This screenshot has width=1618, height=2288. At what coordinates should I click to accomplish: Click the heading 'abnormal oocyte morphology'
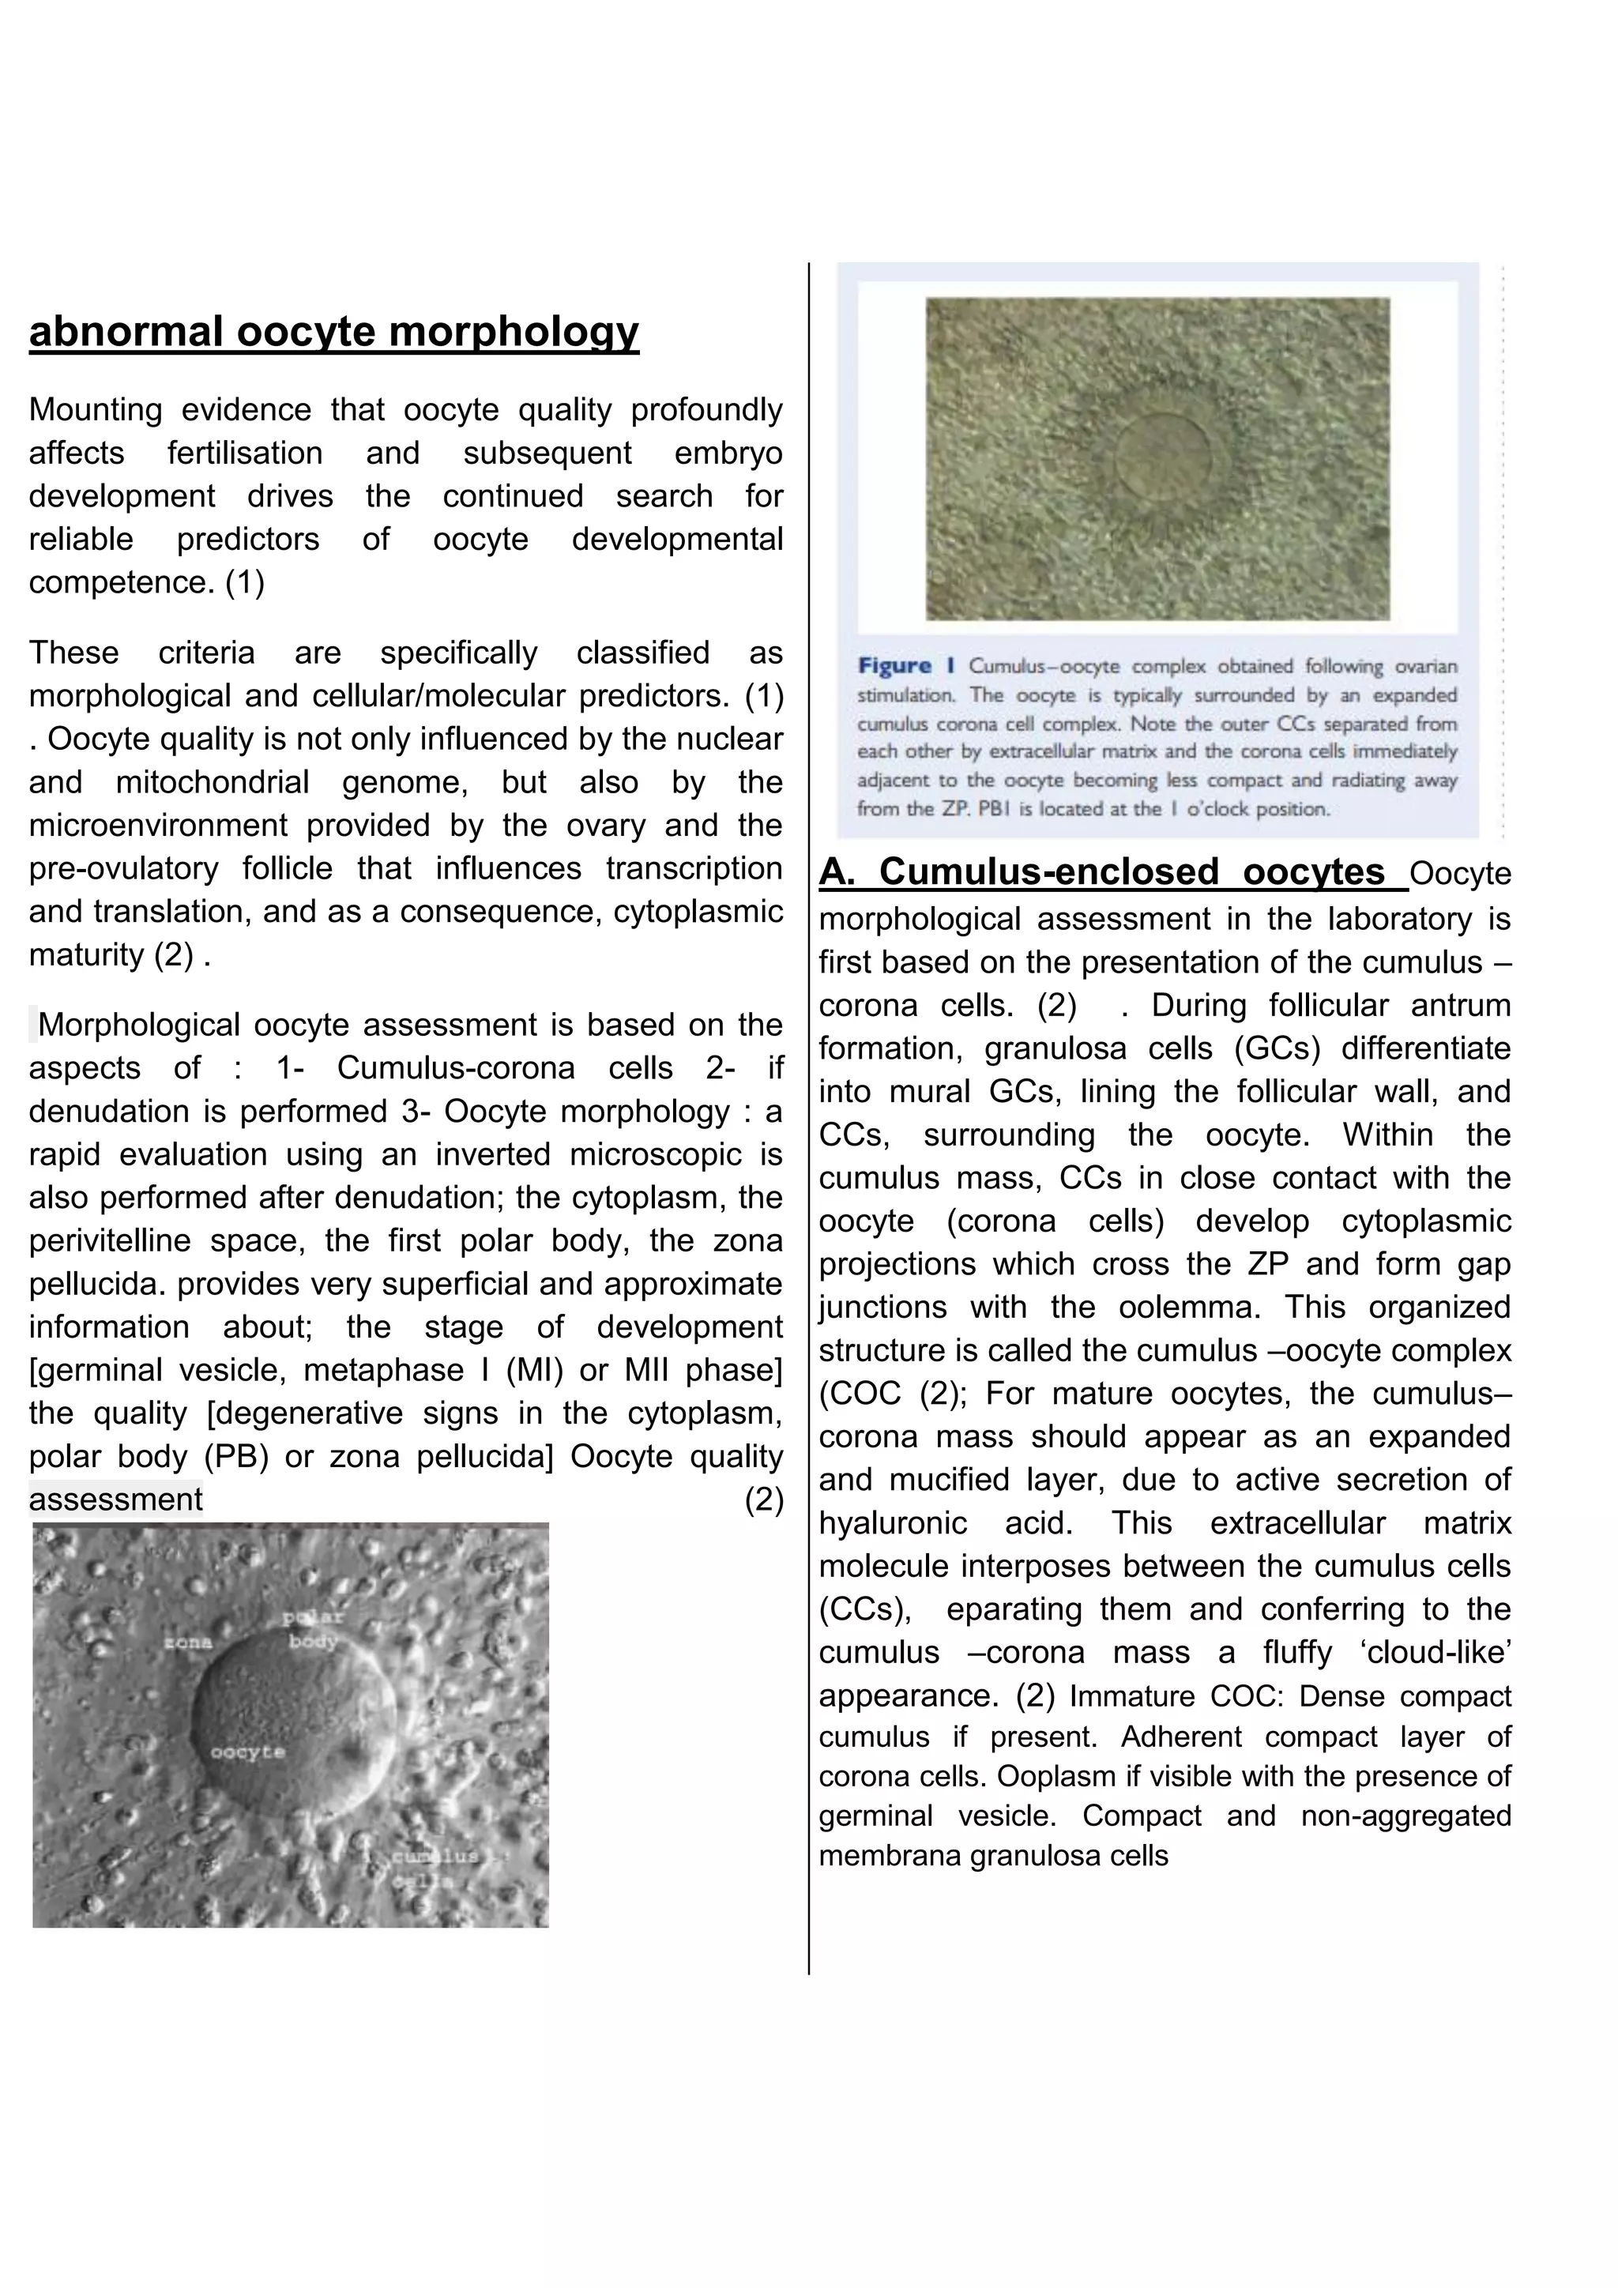(x=333, y=332)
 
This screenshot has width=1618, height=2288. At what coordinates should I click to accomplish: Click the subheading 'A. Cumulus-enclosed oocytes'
(x=1102, y=872)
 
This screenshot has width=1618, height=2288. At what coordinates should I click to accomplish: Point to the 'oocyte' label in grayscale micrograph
(x=248, y=1751)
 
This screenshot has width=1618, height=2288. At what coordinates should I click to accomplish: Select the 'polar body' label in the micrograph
(x=313, y=1629)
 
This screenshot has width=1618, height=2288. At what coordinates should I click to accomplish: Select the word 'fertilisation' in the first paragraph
(x=244, y=453)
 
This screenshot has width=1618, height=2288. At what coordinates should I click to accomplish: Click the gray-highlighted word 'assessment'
(x=115, y=1499)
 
